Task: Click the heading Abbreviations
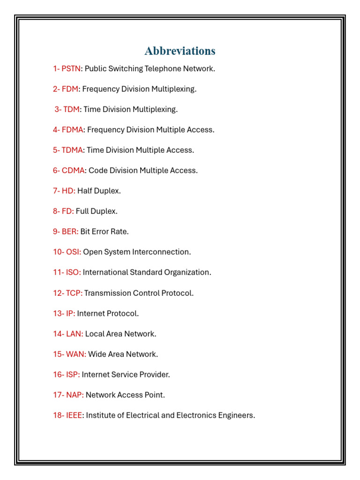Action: point(180,51)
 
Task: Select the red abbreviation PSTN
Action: point(71,69)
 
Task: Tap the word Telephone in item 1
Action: point(162,69)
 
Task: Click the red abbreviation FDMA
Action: point(72,130)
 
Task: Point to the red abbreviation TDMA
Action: point(72,150)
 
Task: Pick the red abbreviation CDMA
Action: point(73,171)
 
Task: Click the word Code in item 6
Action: point(97,171)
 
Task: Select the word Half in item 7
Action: point(85,191)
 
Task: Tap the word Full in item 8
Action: point(83,211)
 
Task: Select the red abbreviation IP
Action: point(70,313)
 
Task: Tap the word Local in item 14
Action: point(95,334)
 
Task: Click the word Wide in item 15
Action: point(97,354)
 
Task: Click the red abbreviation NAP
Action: point(74,395)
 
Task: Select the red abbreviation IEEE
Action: point(73,415)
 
